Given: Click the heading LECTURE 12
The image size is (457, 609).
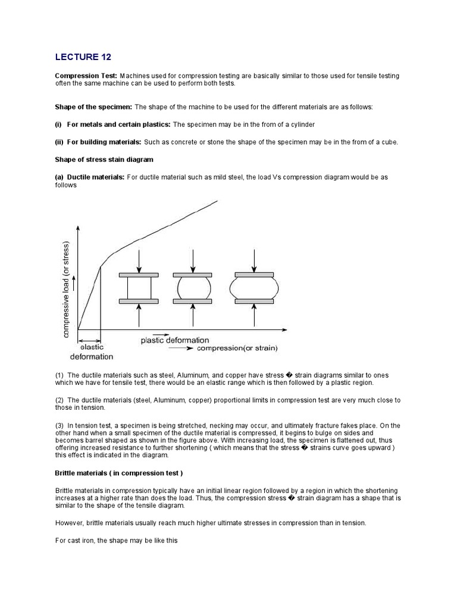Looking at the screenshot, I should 83,57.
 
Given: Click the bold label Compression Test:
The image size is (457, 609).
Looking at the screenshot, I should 86,76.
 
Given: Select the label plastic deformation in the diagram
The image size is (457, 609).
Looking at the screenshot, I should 175,340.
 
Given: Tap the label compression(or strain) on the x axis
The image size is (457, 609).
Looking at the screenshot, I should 237,348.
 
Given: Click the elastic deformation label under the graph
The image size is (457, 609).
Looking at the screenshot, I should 92,351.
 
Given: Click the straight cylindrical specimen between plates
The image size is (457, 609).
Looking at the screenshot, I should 139,288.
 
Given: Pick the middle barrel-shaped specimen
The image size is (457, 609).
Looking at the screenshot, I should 192,288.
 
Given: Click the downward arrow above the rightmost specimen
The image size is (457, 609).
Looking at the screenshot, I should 255,260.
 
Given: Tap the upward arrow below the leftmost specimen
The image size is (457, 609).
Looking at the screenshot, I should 139,315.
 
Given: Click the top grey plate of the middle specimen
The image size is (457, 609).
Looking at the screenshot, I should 192,275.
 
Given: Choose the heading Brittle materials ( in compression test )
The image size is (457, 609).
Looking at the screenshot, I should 119,473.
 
